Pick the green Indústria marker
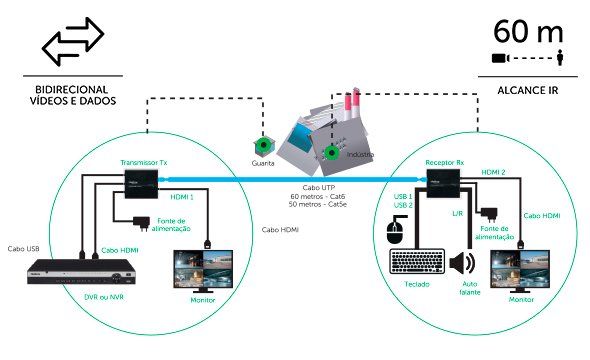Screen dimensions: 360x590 pyautogui.click(x=331, y=153)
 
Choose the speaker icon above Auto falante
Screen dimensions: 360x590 pyautogui.click(x=463, y=264)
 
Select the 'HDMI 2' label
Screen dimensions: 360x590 pyautogui.click(x=493, y=172)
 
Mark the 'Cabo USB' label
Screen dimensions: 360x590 pyautogui.click(x=24, y=249)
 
